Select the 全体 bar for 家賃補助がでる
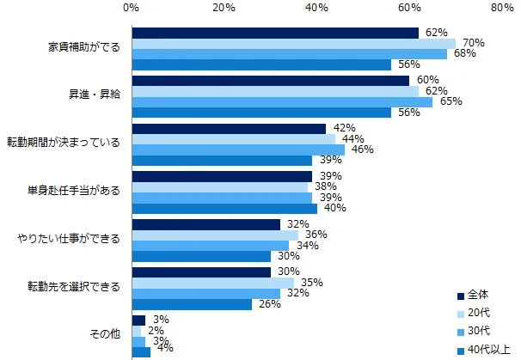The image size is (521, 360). coord(275,33)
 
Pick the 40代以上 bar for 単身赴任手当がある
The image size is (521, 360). coord(224,207)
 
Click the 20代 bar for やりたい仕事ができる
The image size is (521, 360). coord(215,235)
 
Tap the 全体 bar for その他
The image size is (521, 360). coord(138,320)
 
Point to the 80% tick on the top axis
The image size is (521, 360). coord(502,9)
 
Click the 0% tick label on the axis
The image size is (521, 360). coord(132,9)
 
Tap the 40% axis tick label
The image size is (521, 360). coord(317,9)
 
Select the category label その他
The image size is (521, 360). coord(105,334)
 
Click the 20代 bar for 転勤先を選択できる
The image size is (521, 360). coord(213,282)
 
